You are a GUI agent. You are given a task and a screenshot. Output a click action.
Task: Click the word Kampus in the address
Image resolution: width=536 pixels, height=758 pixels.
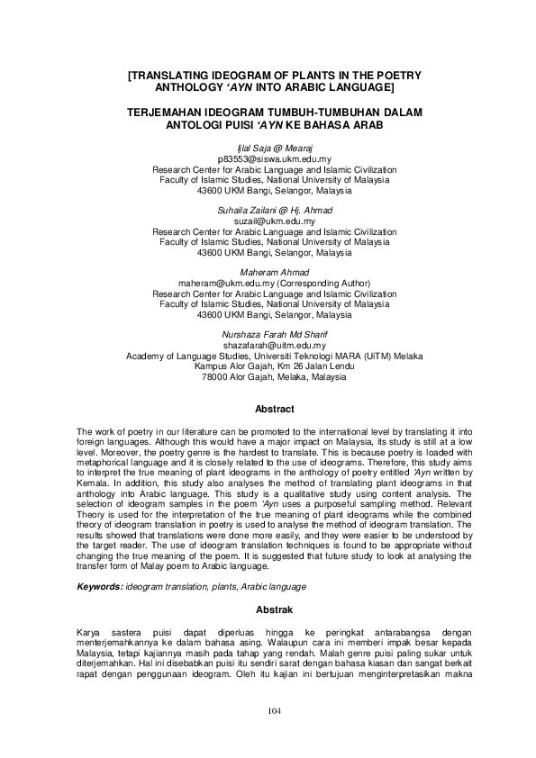tap(209, 367)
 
